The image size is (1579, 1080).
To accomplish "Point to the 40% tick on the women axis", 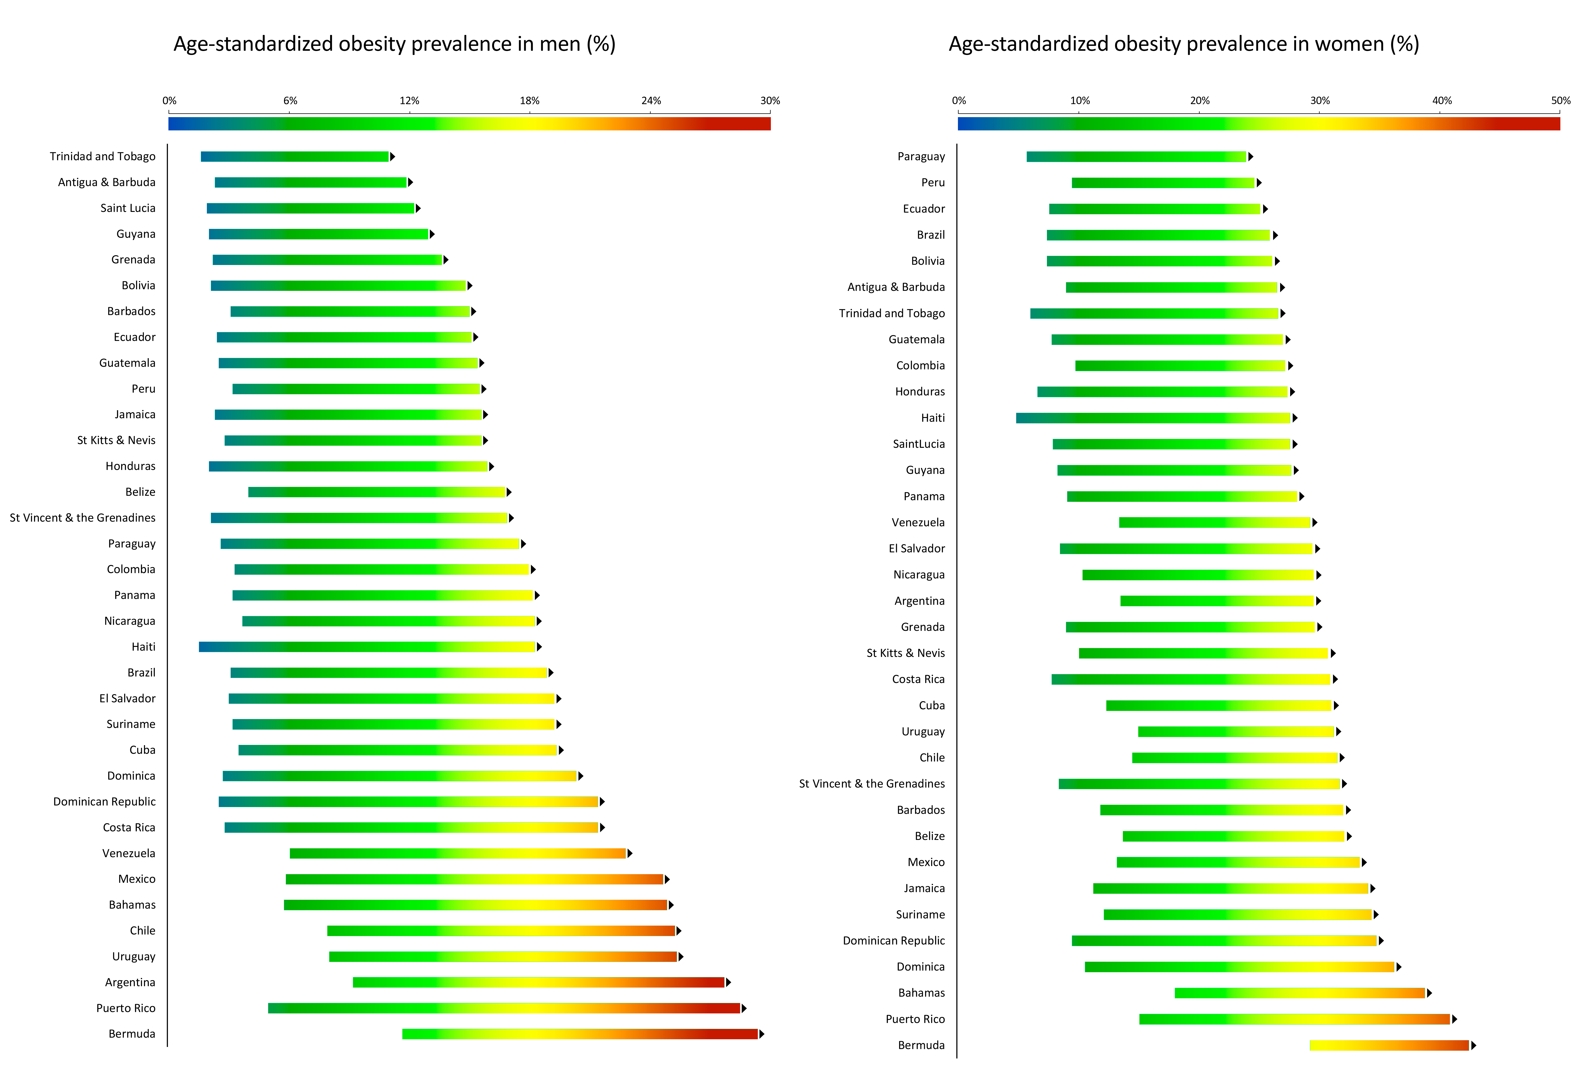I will coord(1442,101).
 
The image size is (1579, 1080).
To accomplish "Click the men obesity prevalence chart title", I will coord(394,44).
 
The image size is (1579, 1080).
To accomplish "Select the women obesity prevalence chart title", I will coord(1184,44).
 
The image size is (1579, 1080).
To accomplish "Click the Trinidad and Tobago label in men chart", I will coord(103,156).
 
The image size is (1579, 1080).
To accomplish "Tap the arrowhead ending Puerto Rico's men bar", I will coord(744,1008).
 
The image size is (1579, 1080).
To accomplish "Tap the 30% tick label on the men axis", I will coord(770,101).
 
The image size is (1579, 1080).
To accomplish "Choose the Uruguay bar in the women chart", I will coord(1236,732).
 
